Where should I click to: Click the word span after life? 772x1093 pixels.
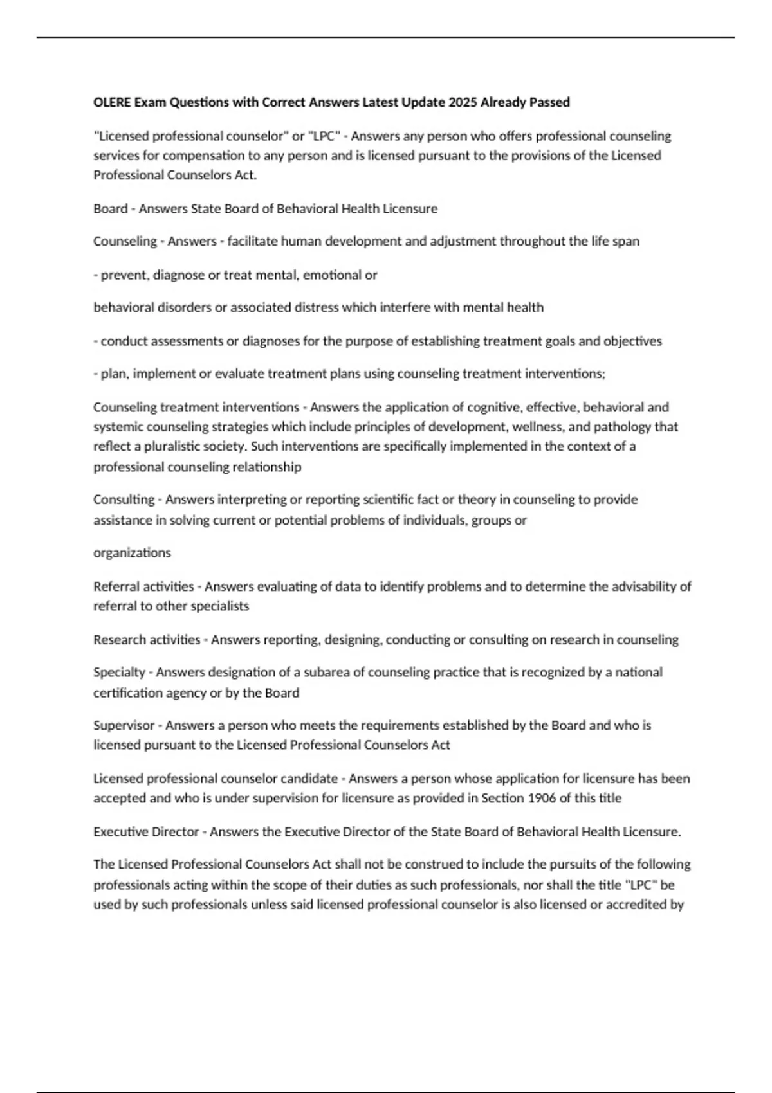627,242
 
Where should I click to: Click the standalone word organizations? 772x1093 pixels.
132,553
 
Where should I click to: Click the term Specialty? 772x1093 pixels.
119,673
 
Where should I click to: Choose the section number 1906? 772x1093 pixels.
542,799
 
